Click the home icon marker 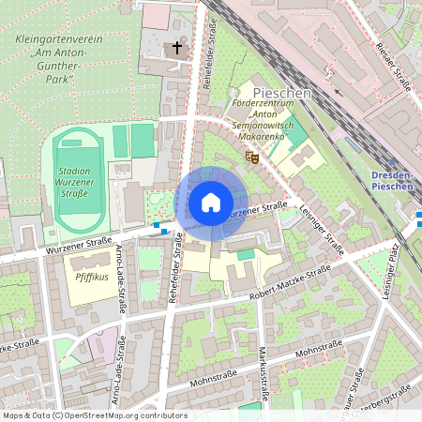click(211, 203)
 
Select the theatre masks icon click(250, 158)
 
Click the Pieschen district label click(281, 94)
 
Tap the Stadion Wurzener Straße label click(73, 183)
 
